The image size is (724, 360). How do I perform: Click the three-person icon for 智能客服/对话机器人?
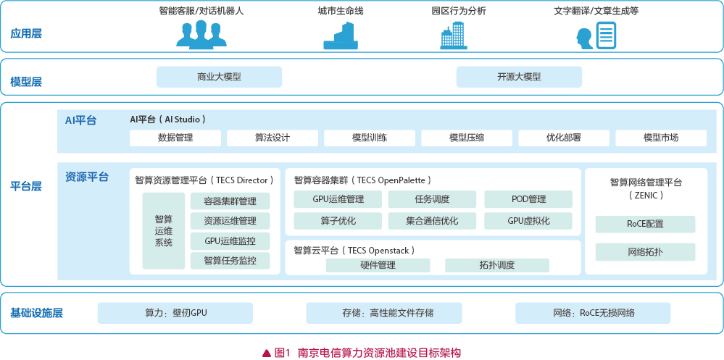click(x=201, y=33)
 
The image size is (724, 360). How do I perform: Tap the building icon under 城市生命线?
click(x=341, y=35)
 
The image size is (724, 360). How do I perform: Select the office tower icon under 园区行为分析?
click(x=454, y=35)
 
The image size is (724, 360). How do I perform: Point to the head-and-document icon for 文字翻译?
click(x=596, y=35)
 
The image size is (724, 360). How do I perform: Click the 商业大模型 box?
click(x=219, y=77)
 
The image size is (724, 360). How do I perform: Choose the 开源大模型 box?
click(x=519, y=77)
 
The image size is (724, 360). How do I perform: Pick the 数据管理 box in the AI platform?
click(x=175, y=138)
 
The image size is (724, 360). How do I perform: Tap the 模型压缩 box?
click(x=467, y=138)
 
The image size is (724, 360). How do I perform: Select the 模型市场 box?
click(x=661, y=138)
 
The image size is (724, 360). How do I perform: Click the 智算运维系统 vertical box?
click(x=164, y=231)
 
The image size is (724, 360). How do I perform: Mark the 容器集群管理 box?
click(x=230, y=201)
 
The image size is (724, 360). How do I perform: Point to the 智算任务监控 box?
click(x=230, y=261)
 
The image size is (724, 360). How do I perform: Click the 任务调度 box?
click(x=432, y=199)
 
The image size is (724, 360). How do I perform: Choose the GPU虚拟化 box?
click(x=528, y=221)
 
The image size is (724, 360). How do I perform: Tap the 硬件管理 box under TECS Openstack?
click(x=378, y=265)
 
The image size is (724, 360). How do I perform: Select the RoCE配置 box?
click(x=645, y=225)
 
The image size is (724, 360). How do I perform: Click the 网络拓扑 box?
click(x=645, y=252)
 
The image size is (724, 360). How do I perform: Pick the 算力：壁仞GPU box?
click(x=175, y=313)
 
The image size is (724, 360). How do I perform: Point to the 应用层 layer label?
click(x=26, y=34)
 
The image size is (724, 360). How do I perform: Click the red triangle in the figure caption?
click(x=266, y=353)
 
